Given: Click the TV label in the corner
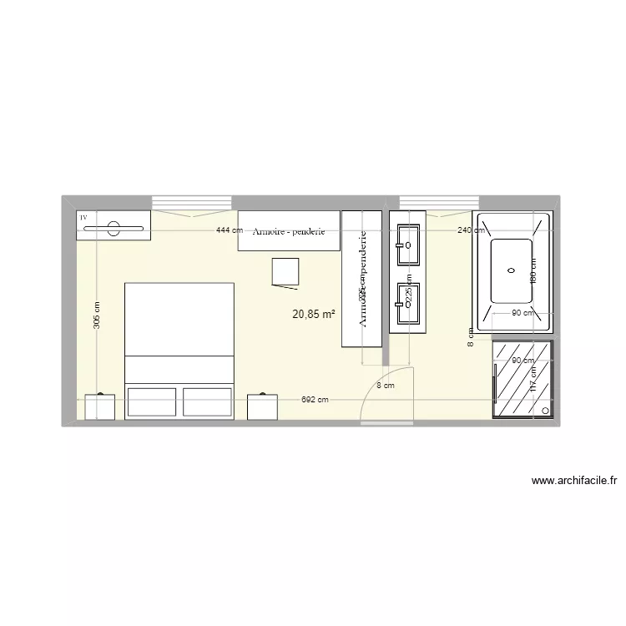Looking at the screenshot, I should (83, 217).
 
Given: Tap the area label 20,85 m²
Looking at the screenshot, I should (314, 315).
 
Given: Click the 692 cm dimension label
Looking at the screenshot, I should (315, 401).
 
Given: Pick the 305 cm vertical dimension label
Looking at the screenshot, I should (97, 316).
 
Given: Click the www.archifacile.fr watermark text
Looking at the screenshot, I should (573, 481).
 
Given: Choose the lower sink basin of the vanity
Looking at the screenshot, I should (407, 304).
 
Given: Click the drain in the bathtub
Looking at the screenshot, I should (511, 270).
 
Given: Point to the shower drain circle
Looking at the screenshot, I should (546, 411).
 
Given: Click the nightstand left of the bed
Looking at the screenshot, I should (100, 406).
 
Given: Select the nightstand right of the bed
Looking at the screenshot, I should (261, 406).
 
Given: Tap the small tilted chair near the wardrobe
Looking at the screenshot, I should (285, 272).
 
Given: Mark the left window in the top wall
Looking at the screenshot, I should (191, 203).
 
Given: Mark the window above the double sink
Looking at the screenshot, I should (437, 203).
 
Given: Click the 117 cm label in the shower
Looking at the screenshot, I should (533, 381).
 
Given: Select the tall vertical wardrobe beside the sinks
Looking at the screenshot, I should (362, 278).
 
